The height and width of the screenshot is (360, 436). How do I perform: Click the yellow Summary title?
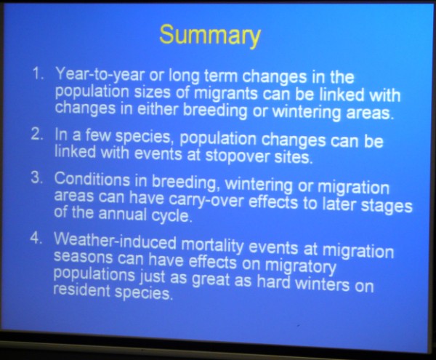210,36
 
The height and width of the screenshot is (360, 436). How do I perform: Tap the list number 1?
39,73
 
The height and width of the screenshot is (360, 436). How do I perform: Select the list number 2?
38,134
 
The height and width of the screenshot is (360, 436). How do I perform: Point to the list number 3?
37,177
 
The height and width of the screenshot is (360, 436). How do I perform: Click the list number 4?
36,238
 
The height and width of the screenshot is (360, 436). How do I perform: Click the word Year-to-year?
100,75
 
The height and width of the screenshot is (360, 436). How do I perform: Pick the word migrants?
226,94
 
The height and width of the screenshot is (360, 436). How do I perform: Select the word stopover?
238,156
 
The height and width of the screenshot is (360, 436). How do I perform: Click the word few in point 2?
98,135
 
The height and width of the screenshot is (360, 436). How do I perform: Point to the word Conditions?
92,179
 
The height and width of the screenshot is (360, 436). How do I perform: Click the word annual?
122,214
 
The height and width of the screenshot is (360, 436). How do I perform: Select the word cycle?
171,215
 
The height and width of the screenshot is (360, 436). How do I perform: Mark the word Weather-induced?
115,240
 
